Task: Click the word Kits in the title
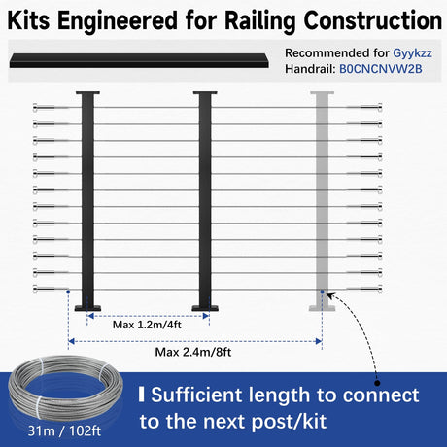(x=28, y=20)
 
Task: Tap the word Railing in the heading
(x=259, y=22)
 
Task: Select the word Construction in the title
(x=372, y=20)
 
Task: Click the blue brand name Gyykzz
(x=412, y=53)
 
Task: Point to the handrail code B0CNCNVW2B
(x=381, y=69)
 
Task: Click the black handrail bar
(x=139, y=61)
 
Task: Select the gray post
(x=322, y=201)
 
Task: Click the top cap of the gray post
(x=322, y=93)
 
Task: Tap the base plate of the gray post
(x=322, y=308)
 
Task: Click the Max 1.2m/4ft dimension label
(x=147, y=325)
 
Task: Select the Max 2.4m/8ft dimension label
(x=193, y=352)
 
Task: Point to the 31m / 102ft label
(x=64, y=431)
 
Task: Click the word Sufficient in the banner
(x=196, y=395)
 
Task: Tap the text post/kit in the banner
(x=289, y=422)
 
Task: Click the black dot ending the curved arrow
(x=377, y=383)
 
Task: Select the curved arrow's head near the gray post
(x=329, y=295)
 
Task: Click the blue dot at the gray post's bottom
(x=322, y=292)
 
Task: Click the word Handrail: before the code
(x=310, y=69)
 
